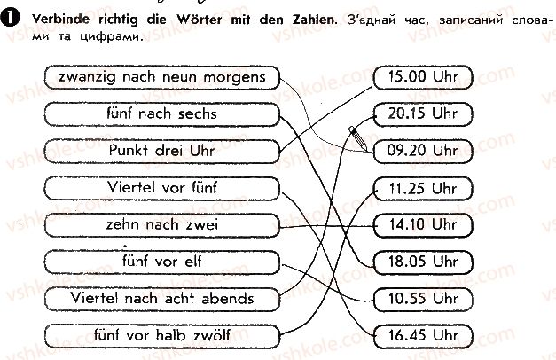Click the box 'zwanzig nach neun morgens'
point(162,77)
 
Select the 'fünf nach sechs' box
point(162,114)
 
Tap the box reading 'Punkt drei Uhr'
point(162,151)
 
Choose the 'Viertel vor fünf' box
point(162,188)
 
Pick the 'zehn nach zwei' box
point(162,225)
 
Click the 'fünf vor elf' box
point(162,262)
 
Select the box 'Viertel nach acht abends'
point(162,299)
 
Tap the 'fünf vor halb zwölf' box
point(162,336)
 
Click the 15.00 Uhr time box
point(423,77)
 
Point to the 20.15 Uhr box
point(423,114)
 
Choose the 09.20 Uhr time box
point(423,151)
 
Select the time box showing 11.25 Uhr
point(423,188)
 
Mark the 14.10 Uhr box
point(423,225)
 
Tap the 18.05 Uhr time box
point(423,262)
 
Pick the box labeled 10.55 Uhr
point(423,299)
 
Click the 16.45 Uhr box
point(423,336)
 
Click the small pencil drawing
point(358,138)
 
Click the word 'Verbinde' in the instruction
point(60,20)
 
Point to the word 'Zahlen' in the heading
point(313,20)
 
